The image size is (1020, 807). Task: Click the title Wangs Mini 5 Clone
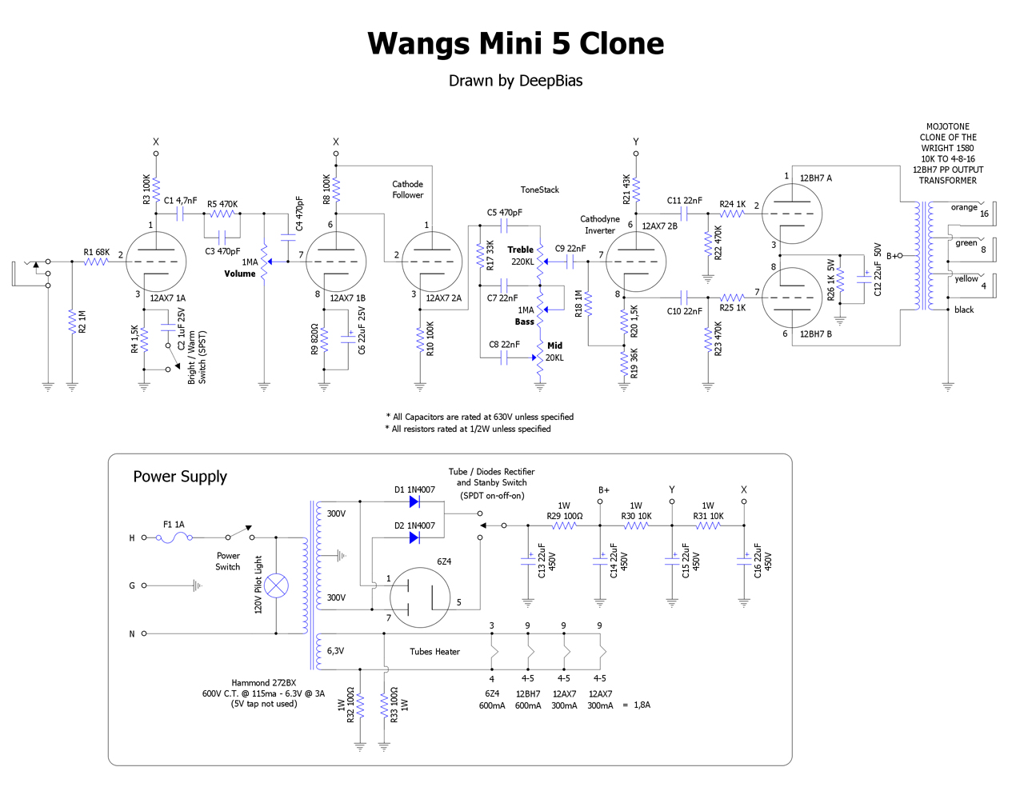tap(515, 44)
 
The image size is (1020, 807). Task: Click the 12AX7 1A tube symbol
tap(156, 262)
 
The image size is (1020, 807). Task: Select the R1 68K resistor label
tap(96, 252)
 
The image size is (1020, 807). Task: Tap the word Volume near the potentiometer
tap(239, 274)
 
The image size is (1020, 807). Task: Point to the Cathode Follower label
tap(407, 190)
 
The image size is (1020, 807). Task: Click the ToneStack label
tap(539, 190)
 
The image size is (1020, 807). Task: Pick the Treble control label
tap(520, 250)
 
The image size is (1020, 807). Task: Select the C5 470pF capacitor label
tap(504, 213)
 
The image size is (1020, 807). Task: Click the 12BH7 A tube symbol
tap(792, 214)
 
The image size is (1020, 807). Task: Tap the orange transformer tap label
tap(963, 207)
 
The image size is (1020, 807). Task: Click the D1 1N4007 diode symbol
tap(414, 501)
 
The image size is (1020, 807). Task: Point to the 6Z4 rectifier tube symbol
tap(420, 597)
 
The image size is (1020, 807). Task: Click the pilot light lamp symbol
tap(276, 585)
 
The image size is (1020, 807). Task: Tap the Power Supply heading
tap(180, 477)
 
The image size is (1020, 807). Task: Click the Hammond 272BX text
tap(263, 683)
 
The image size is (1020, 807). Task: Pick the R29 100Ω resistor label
tap(564, 516)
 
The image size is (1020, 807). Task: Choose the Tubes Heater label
tap(434, 652)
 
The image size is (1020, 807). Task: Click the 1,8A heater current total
tap(642, 705)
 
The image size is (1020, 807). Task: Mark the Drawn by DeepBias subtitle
tap(515, 81)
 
